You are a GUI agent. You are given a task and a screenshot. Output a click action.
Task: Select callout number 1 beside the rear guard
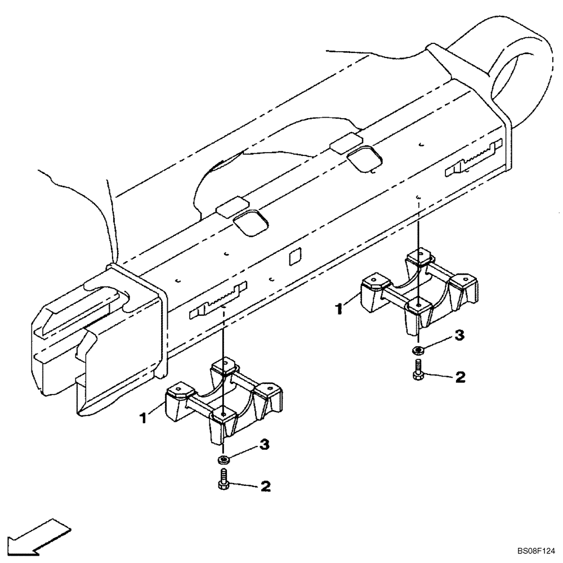click(339, 309)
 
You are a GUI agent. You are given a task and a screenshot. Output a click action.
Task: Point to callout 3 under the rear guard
click(459, 336)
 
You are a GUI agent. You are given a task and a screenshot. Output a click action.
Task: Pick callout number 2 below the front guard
click(265, 485)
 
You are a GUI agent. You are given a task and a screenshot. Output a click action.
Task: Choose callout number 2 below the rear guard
click(459, 377)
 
